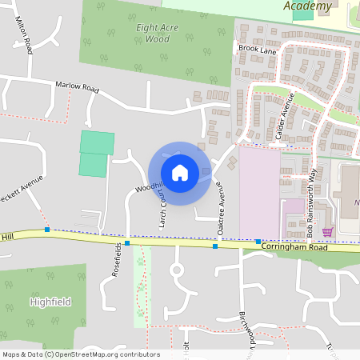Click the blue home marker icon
click(x=179, y=172)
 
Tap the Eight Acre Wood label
click(x=152, y=33)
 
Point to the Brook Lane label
click(x=256, y=49)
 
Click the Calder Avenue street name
click(x=285, y=117)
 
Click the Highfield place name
click(x=50, y=302)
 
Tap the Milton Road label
click(x=23, y=36)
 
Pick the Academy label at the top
click(x=308, y=6)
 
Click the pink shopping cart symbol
click(x=326, y=232)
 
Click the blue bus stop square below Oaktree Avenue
click(x=215, y=246)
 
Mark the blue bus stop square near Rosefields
click(x=126, y=242)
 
